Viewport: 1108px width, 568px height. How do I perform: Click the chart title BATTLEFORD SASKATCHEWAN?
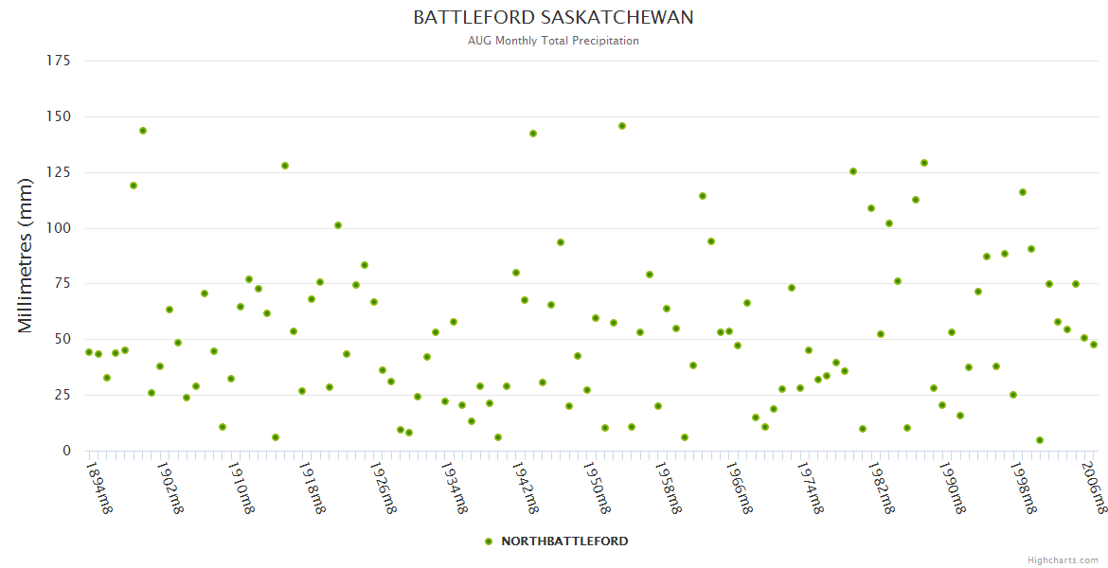click(553, 18)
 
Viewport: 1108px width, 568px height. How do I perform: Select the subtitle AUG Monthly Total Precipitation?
click(553, 41)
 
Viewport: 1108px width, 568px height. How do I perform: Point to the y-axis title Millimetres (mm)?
click(26, 256)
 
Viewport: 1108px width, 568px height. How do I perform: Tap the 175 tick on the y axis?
click(59, 62)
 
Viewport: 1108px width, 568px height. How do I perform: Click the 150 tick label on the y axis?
click(59, 116)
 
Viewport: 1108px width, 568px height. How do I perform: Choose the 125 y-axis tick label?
click(59, 172)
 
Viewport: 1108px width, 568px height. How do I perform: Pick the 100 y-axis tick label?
click(59, 228)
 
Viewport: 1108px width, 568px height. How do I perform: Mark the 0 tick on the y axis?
click(66, 451)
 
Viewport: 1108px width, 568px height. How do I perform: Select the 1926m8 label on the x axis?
click(384, 487)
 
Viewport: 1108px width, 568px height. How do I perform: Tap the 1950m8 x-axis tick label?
click(597, 487)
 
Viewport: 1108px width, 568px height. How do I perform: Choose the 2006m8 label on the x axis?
click(1094, 487)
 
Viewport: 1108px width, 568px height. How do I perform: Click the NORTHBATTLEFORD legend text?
click(564, 541)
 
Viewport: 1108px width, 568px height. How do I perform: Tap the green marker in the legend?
click(489, 541)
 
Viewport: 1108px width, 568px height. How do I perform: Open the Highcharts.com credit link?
click(1063, 559)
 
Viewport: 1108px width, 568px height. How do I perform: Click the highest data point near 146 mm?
click(622, 126)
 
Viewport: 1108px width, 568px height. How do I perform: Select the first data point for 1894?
click(89, 352)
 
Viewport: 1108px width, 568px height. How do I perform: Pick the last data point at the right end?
click(1094, 345)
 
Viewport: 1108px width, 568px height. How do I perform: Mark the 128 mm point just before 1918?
click(285, 166)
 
